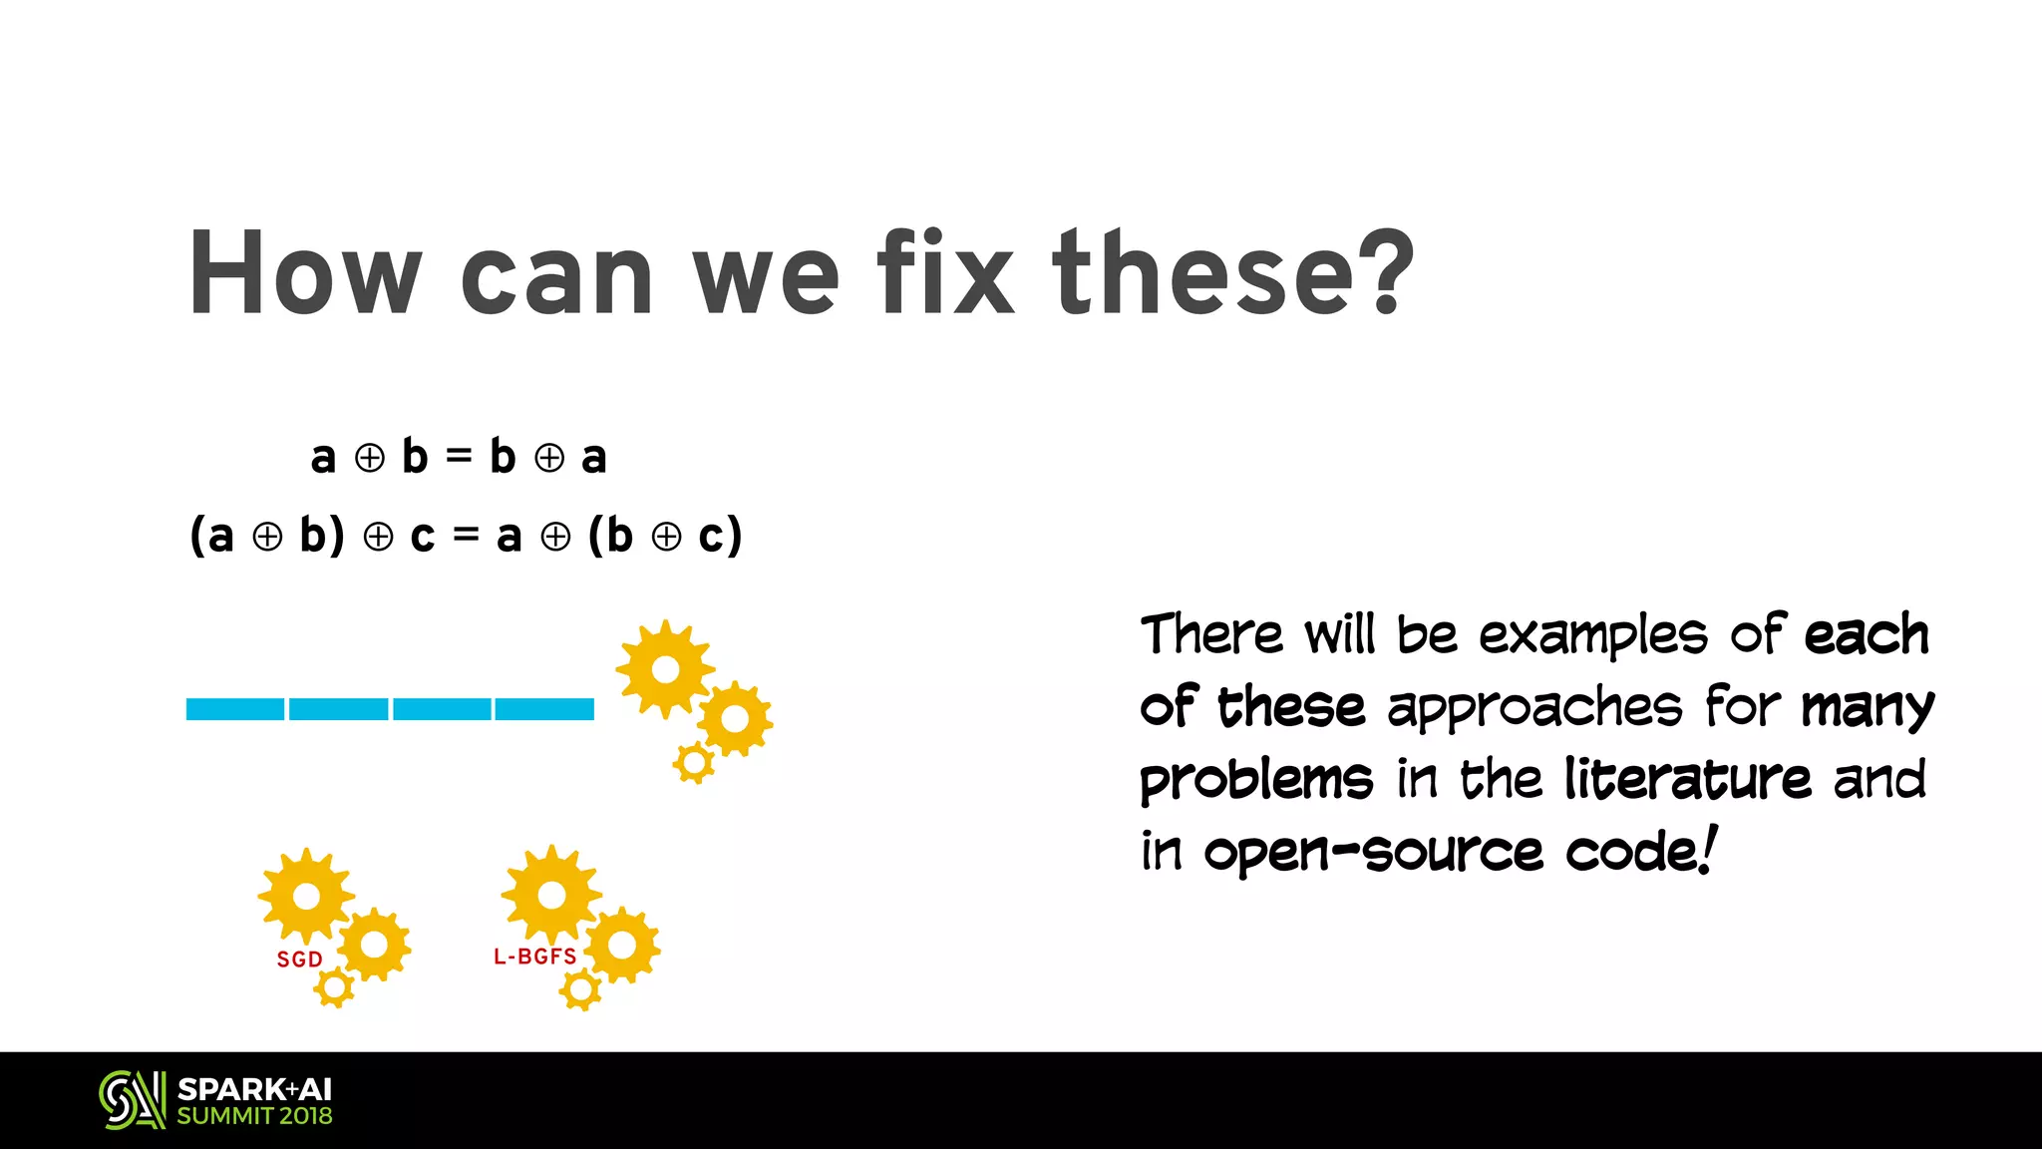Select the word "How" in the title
click(x=305, y=273)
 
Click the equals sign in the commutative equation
click(x=459, y=457)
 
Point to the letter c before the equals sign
click(x=423, y=537)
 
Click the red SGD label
click(x=299, y=959)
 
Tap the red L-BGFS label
click(x=535, y=957)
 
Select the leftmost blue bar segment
click(x=235, y=709)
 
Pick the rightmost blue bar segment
click(x=544, y=709)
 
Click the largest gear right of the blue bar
click(x=665, y=668)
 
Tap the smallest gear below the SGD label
click(x=334, y=987)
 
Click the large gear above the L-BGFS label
click(x=551, y=895)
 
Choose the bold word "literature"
click(x=1687, y=778)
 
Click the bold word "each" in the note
click(x=1867, y=634)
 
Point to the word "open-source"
click(x=1373, y=852)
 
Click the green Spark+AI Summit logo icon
click(x=132, y=1100)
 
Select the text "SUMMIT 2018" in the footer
click(x=254, y=1116)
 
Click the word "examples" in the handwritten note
click(x=1593, y=636)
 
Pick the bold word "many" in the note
click(x=1867, y=708)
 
